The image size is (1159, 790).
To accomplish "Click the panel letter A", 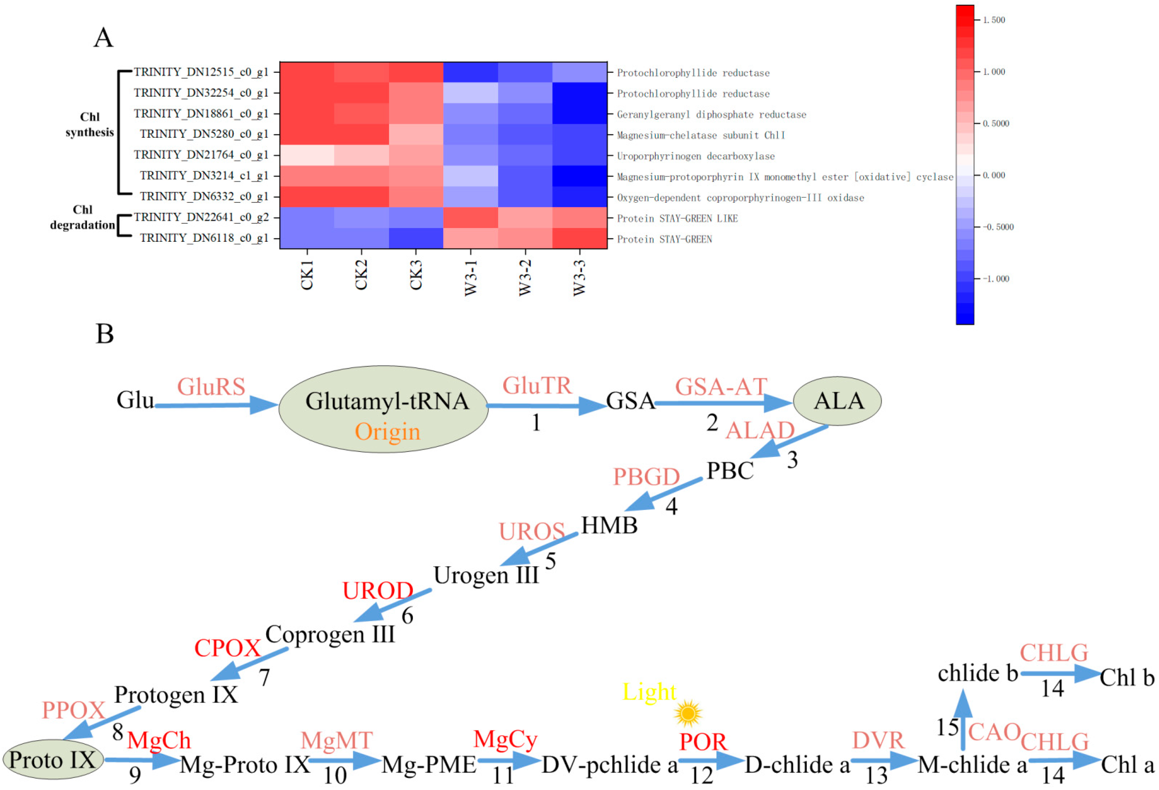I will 103,38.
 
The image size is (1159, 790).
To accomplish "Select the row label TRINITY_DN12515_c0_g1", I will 201,72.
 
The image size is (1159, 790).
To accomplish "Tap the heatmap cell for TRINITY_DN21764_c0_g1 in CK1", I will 307,155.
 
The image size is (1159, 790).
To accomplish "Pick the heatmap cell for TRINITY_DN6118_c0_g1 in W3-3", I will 579,238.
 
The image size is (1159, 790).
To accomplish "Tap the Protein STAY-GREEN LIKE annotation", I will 677,218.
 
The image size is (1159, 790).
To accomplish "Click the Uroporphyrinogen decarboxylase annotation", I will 696,156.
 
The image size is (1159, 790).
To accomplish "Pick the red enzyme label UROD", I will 377,591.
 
